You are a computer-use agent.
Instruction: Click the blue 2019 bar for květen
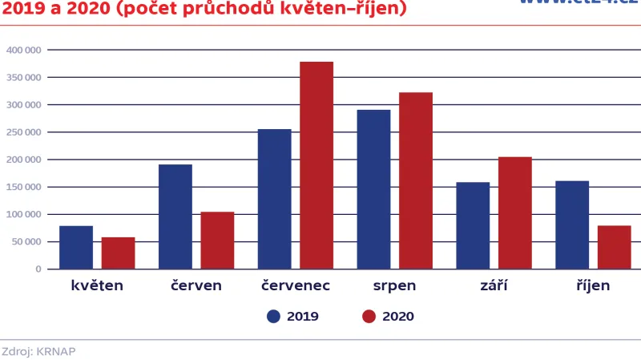click(76, 248)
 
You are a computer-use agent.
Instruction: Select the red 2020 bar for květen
click(118, 253)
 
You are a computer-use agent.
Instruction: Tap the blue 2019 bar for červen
click(175, 216)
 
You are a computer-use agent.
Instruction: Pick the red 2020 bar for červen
click(217, 241)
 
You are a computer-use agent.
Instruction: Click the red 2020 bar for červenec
click(316, 165)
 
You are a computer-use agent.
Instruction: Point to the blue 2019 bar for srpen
click(373, 189)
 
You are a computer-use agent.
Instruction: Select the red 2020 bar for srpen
click(416, 180)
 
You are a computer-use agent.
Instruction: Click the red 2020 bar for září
click(515, 212)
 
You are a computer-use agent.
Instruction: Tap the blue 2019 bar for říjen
click(572, 224)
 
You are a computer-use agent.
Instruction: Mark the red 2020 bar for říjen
click(615, 247)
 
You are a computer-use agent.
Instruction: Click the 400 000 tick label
click(23, 50)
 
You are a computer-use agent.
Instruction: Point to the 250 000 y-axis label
click(23, 132)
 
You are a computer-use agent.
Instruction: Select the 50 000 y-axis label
click(26, 241)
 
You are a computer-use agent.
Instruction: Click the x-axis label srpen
click(394, 285)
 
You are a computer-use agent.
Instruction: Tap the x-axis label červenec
click(296, 285)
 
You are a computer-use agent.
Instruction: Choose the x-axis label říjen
click(592, 285)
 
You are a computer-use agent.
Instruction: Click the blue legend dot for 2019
click(274, 316)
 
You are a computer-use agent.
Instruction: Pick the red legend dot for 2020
click(369, 316)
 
